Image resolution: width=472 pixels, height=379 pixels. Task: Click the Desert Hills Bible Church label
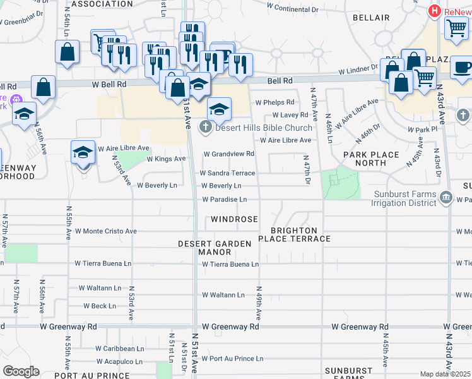tap(263, 128)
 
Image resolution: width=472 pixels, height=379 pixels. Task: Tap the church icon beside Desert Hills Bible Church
tap(205, 128)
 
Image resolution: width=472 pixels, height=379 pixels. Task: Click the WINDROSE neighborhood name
tap(234, 219)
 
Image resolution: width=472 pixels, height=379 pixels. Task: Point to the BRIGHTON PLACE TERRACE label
tap(294, 235)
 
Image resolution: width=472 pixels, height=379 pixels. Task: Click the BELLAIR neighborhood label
tap(371, 18)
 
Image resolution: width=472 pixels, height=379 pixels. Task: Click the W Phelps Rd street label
tap(274, 102)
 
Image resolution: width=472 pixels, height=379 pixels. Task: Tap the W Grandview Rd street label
tap(228, 153)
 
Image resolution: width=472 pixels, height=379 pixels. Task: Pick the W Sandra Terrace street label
tap(227, 172)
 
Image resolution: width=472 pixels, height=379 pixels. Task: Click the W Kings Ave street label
tap(166, 159)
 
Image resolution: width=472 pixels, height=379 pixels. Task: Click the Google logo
tap(21, 371)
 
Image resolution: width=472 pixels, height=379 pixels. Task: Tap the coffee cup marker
tap(461, 66)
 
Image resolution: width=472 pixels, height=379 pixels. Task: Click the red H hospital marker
tap(434, 11)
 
